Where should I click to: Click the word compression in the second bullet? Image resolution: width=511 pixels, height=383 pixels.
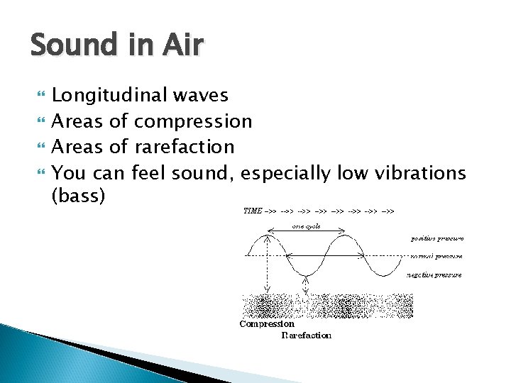(x=193, y=121)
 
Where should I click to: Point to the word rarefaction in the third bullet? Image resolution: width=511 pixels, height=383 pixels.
(x=184, y=147)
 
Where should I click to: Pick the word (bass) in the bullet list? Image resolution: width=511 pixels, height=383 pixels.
(x=79, y=196)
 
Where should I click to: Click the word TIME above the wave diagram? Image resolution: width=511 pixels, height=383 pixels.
(x=253, y=211)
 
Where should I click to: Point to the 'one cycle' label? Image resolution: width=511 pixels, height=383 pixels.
(x=306, y=226)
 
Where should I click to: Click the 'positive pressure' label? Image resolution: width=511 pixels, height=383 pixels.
(x=436, y=238)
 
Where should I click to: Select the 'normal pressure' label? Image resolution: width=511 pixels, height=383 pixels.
(x=436, y=256)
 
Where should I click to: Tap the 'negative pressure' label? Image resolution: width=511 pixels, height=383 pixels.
(x=435, y=274)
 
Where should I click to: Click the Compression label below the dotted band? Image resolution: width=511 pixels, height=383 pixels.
(x=267, y=324)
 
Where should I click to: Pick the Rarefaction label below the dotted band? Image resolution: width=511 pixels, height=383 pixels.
(x=306, y=335)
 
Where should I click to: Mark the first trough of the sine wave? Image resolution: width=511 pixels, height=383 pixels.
(x=305, y=275)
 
